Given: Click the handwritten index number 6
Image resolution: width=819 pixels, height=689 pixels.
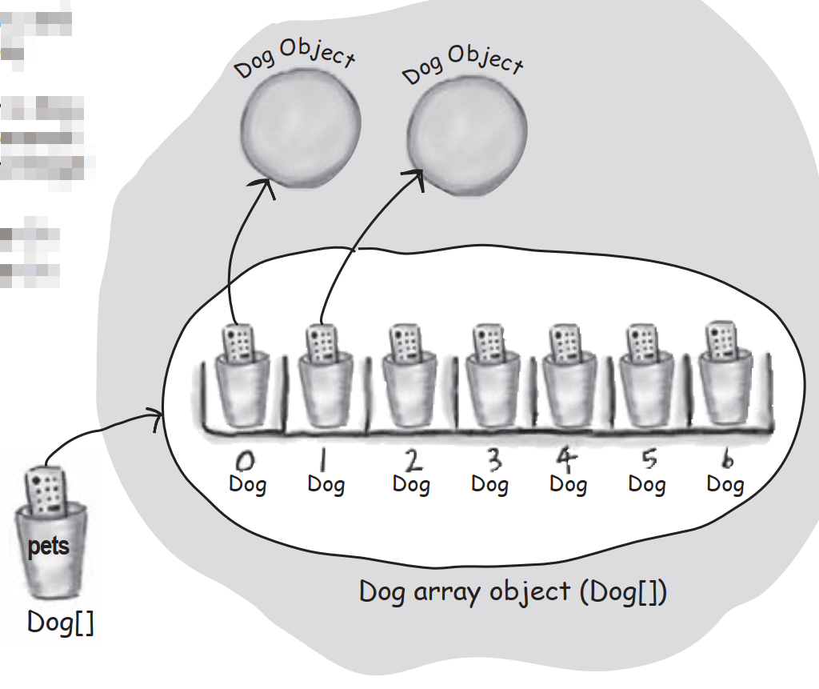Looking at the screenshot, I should coord(726,459).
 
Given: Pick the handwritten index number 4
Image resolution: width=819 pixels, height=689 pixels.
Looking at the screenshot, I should coord(566,459).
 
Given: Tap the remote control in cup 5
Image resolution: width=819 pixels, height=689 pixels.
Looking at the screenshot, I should coord(641,342).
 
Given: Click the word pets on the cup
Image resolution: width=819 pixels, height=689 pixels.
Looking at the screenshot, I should coord(49,547).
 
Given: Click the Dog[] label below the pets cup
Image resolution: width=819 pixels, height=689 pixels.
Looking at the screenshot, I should coord(60,622).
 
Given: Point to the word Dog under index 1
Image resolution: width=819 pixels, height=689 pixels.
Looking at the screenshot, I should coord(326,484).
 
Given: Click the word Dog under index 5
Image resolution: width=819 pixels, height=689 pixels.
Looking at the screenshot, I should coord(646,484).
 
